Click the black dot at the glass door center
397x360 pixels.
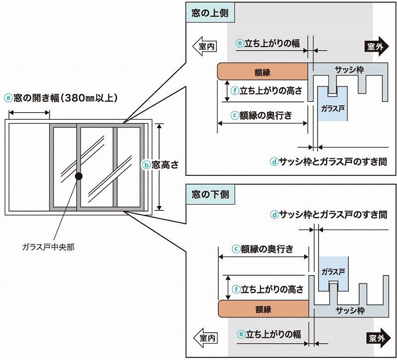(x=78, y=176)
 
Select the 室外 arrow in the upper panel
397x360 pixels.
(x=377, y=46)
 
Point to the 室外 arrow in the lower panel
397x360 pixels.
(x=377, y=338)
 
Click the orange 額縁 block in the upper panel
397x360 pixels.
(x=263, y=72)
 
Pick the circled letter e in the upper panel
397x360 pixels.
(x=239, y=44)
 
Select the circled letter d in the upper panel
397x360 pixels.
(x=274, y=161)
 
